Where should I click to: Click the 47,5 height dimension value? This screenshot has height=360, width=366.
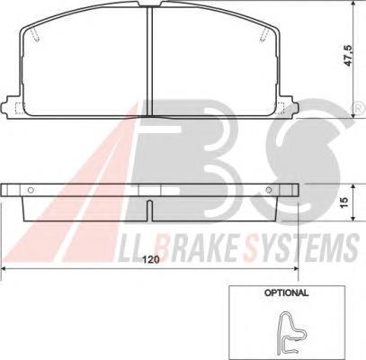pyautogui.click(x=349, y=56)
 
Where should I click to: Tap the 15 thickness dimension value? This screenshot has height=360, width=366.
pyautogui.click(x=344, y=202)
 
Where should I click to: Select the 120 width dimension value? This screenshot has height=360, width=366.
pyautogui.click(x=150, y=260)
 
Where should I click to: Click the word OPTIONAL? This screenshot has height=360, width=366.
pyautogui.click(x=286, y=292)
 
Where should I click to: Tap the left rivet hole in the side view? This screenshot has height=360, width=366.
pyautogui.click(x=30, y=190)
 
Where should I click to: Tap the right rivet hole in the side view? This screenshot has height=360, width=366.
pyautogui.click(x=269, y=190)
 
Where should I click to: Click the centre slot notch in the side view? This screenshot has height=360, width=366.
pyautogui.click(x=149, y=211)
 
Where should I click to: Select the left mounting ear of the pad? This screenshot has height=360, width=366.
pyautogui.click(x=12, y=106)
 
